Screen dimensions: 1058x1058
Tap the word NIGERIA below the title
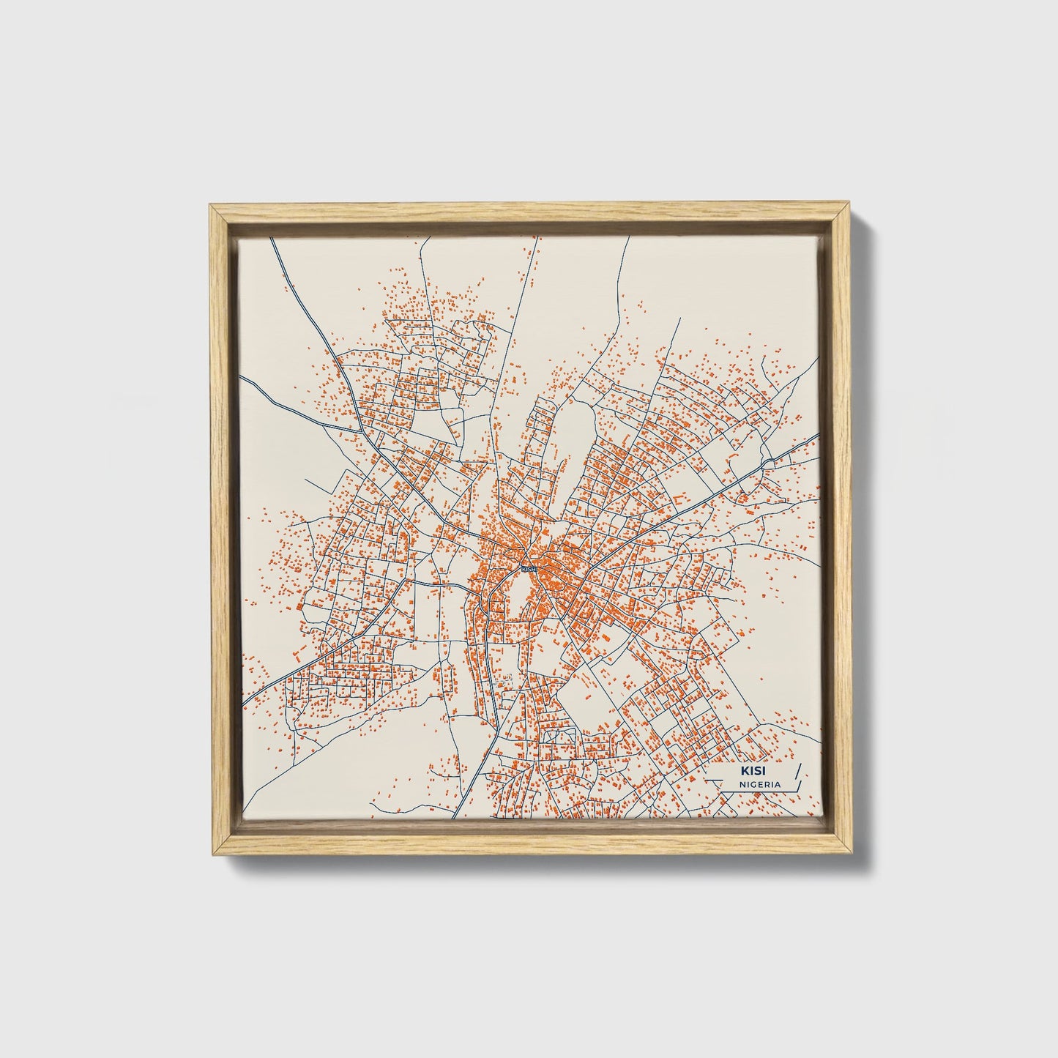coord(759,784)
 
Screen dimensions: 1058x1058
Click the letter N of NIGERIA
coord(742,784)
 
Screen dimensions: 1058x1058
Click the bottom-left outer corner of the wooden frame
coord(209,855)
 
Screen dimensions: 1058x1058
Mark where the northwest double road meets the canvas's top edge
coord(273,238)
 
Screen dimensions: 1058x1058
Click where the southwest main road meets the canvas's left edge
coord(242,708)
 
